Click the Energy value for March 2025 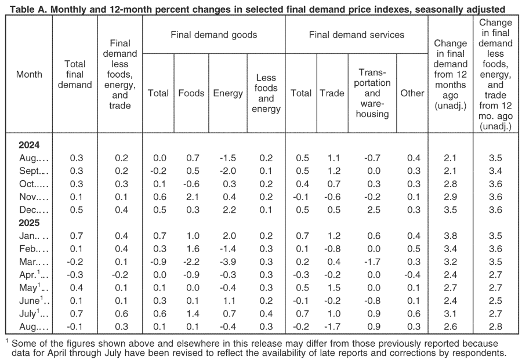[x=228, y=262]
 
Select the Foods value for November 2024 [x=193, y=197]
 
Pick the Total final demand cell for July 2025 [x=76, y=314]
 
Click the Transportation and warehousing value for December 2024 [x=374, y=210]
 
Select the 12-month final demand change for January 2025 [x=450, y=236]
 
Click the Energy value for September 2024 [x=228, y=171]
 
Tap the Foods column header [x=191, y=93]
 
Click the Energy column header [x=228, y=93]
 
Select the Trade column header [x=332, y=93]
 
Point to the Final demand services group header [x=357, y=35]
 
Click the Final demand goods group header [x=213, y=35]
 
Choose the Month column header [x=30, y=74]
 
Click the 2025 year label [x=29, y=223]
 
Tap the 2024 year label [x=29, y=145]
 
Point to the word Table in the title [x=21, y=9]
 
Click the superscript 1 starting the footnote [x=7, y=341]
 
